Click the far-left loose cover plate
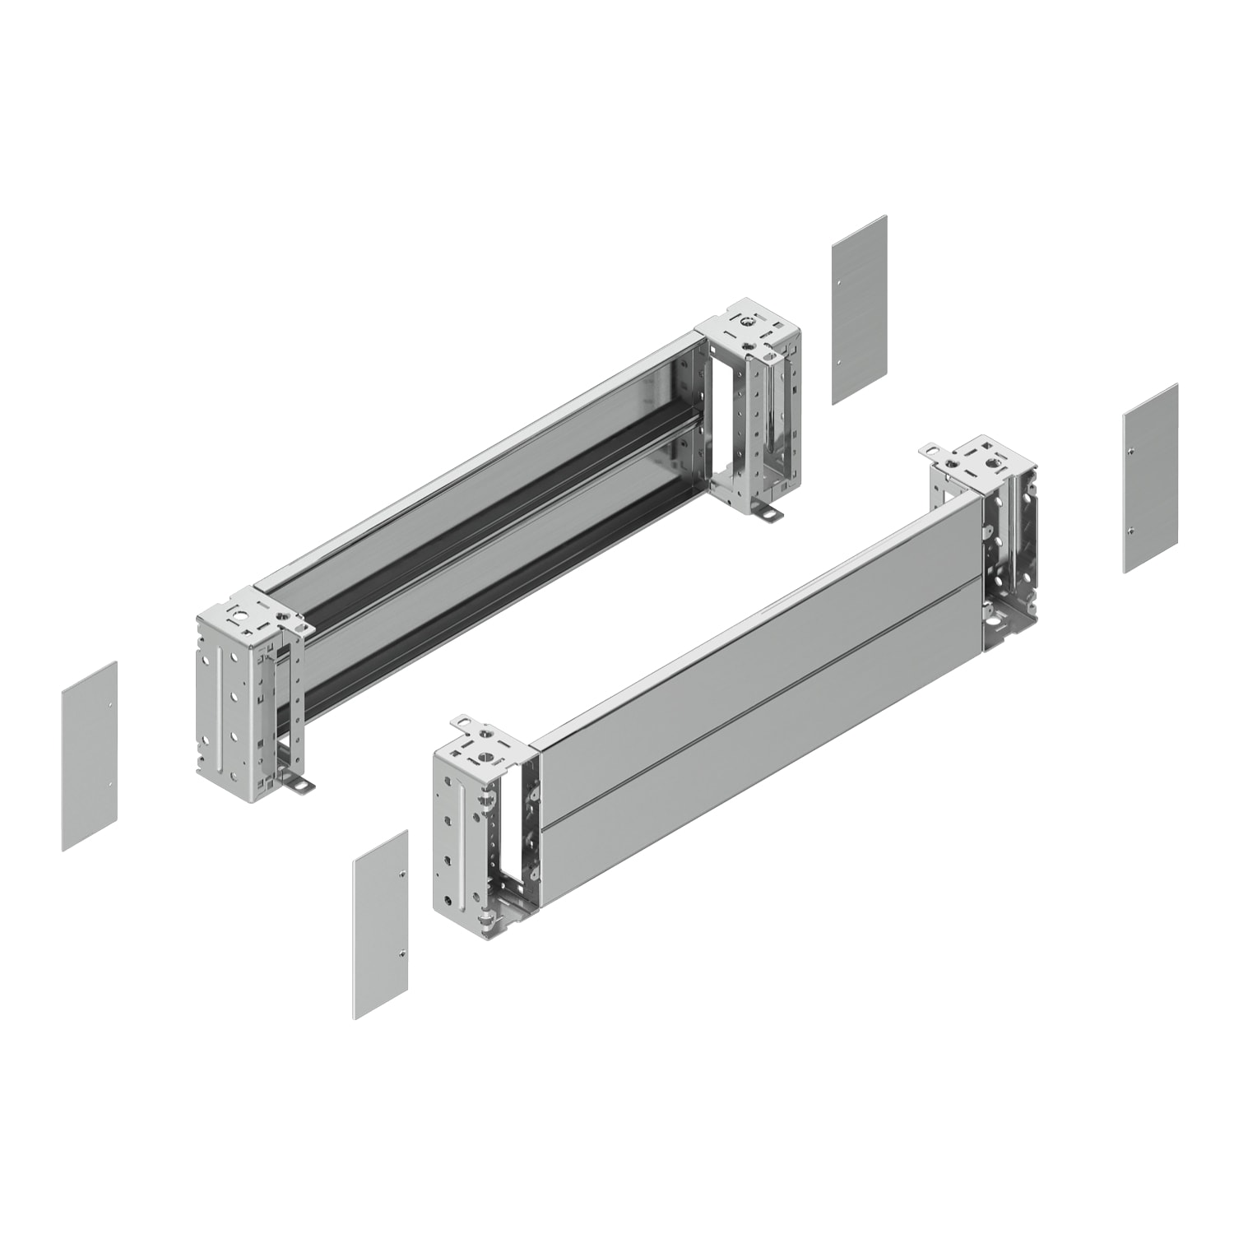[89, 756]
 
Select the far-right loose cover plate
[1150, 477]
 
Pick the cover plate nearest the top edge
[859, 309]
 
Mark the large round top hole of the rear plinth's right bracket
[746, 322]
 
